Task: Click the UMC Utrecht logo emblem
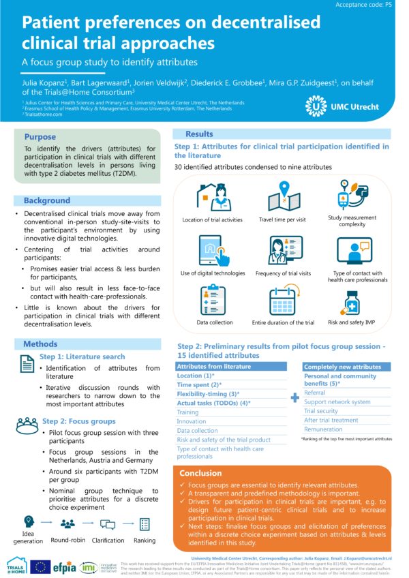[x=316, y=106]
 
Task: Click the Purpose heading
[x=40, y=136]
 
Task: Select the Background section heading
[x=47, y=200]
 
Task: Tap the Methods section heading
[x=40, y=344]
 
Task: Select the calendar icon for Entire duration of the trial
[x=279, y=301]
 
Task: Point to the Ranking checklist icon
[x=144, y=523]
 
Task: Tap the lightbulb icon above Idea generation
[x=27, y=522]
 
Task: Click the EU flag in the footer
[x=41, y=565]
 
